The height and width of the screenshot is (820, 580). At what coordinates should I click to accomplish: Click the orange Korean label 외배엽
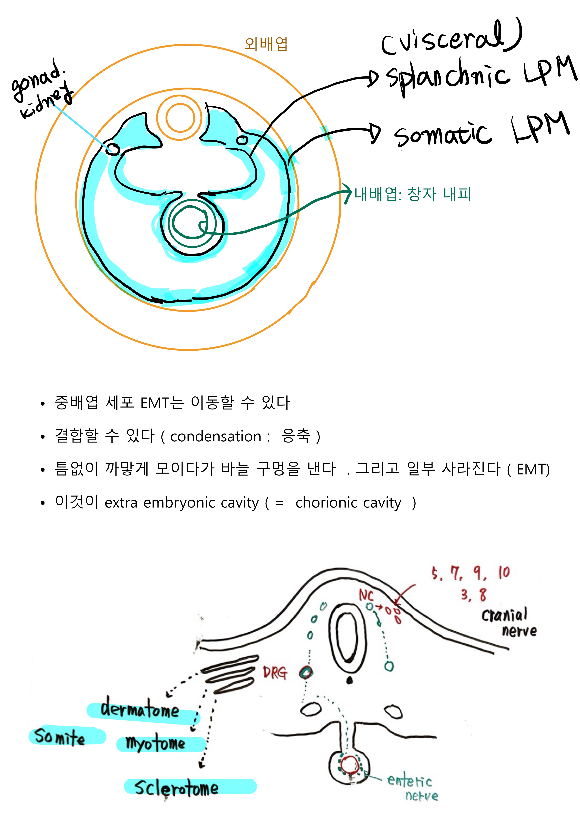(266, 44)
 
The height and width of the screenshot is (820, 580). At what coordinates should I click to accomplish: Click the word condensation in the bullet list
(216, 436)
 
